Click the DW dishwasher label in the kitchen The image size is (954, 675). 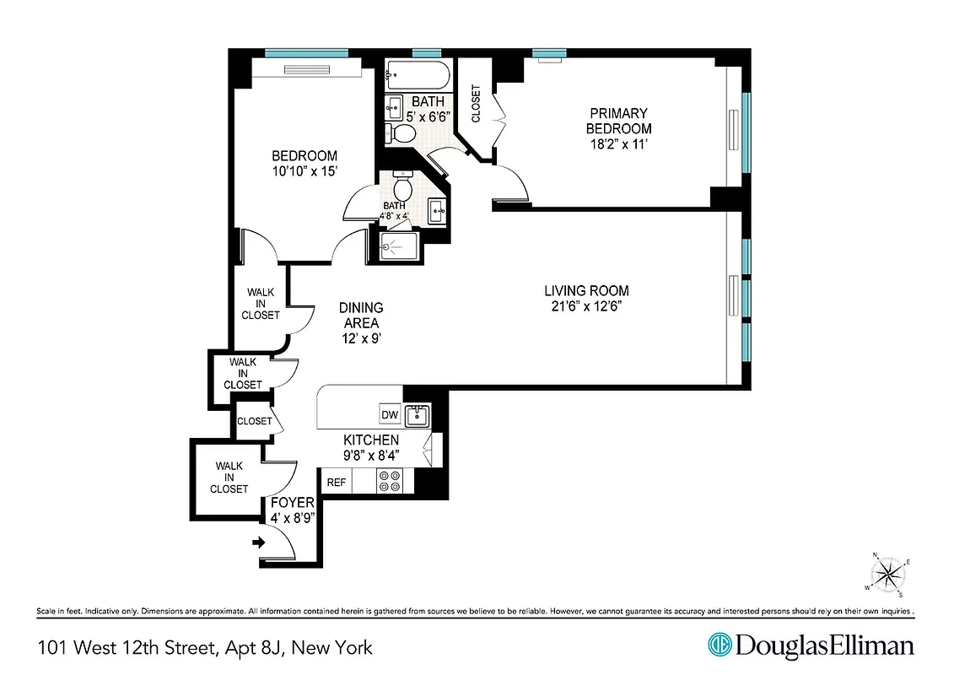[x=389, y=415]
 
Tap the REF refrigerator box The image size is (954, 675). [x=336, y=482]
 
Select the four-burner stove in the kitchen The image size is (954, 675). [x=390, y=481]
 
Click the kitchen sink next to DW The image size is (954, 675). [x=417, y=416]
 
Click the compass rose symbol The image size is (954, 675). [x=888, y=576]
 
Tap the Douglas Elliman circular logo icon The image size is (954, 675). [x=720, y=646]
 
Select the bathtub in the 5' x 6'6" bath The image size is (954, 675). [x=417, y=76]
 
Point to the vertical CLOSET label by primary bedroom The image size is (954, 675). [x=476, y=104]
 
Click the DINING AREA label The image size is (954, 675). [x=360, y=315]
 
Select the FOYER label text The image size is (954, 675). [x=291, y=503]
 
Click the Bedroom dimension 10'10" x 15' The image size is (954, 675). [x=304, y=171]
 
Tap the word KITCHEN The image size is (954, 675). [x=370, y=440]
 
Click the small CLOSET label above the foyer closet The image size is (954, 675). [x=254, y=421]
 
